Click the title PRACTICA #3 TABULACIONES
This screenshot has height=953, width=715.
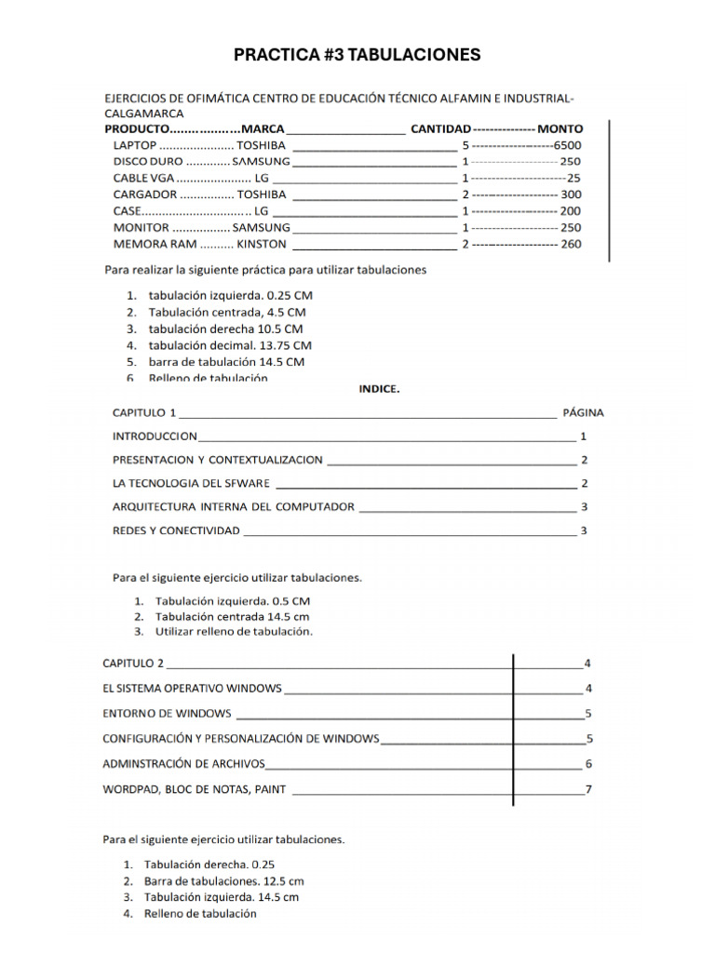(357, 55)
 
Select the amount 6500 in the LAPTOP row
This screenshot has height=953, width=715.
(567, 145)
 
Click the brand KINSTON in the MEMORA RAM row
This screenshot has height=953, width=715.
(262, 245)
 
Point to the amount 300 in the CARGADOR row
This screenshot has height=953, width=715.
(571, 195)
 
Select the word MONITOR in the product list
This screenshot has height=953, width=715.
(142, 228)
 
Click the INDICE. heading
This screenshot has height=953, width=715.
(380, 390)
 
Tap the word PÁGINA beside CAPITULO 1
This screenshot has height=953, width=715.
(583, 411)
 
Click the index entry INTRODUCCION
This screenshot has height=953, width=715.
(155, 436)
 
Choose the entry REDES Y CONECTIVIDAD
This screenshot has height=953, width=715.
(176, 530)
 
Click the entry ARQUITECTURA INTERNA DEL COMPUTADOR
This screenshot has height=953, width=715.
(234, 507)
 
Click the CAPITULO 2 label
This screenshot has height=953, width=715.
(132, 664)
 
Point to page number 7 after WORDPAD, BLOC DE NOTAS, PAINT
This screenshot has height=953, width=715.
(587, 790)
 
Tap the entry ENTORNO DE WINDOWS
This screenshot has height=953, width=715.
(167, 714)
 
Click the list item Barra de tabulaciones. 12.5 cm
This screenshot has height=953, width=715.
(223, 880)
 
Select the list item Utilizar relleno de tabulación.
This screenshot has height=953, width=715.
(234, 631)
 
